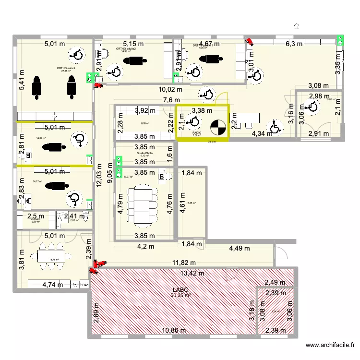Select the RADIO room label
tap(197, 132)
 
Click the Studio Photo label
tap(144, 153)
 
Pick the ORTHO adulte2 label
tap(126, 48)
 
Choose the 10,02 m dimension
tap(171, 89)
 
